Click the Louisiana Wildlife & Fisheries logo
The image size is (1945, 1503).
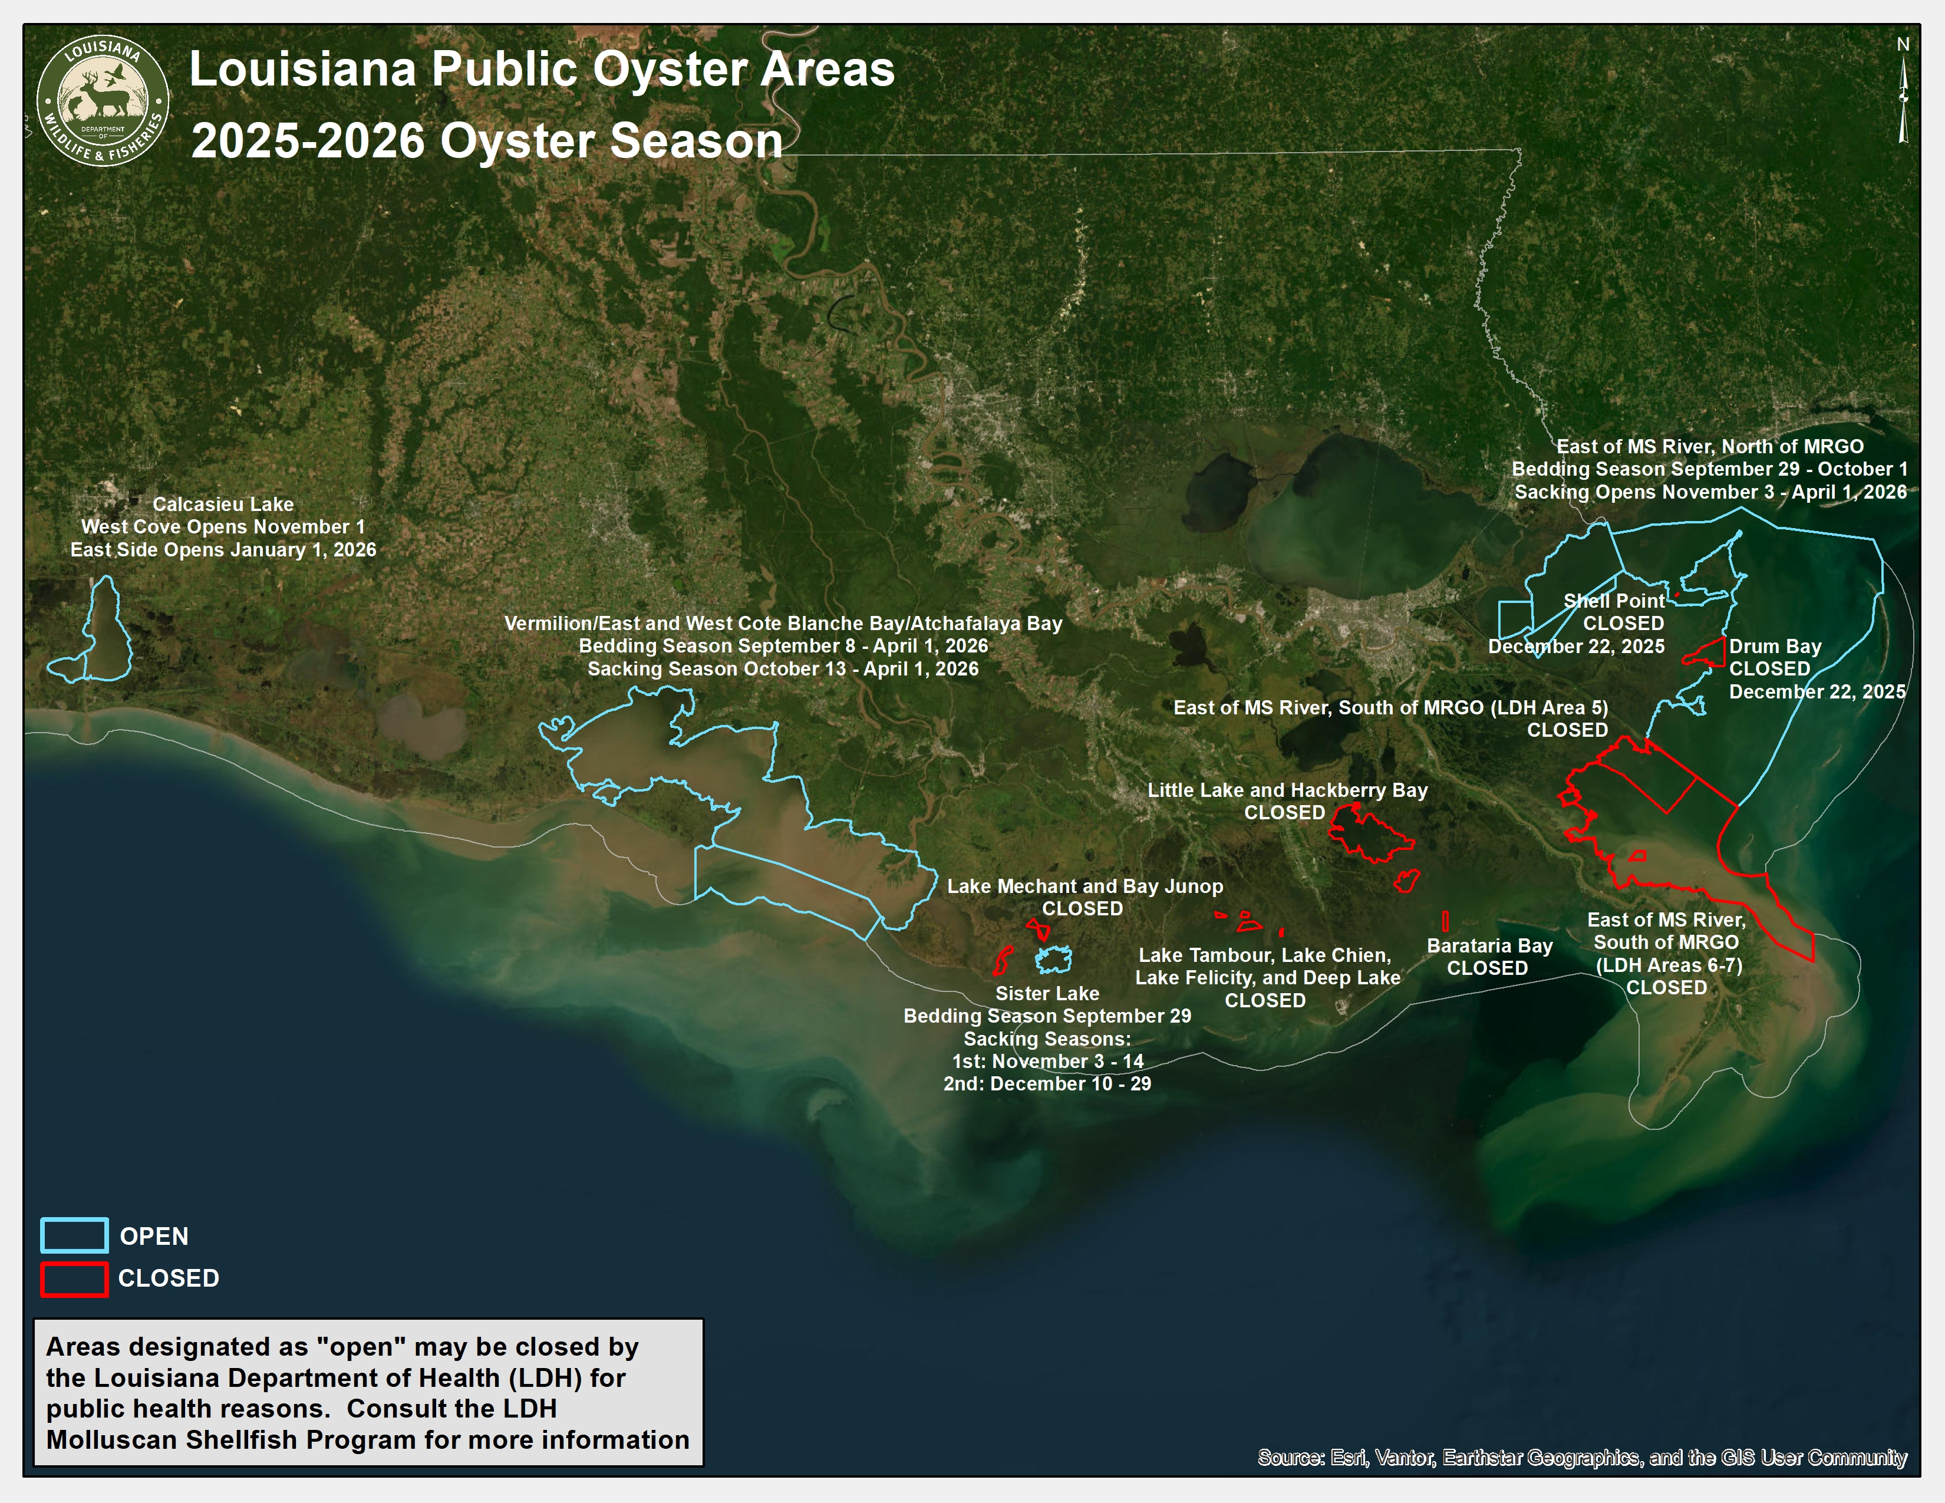(x=103, y=101)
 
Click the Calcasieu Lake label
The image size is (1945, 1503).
(x=223, y=504)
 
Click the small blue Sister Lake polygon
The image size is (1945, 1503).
(x=1054, y=959)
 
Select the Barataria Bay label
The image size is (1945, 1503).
(x=1489, y=945)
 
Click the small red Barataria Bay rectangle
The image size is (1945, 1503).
(x=1445, y=921)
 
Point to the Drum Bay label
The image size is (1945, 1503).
(x=1774, y=647)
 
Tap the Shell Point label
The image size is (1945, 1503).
(x=1614, y=601)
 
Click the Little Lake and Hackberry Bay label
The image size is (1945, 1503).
(x=1287, y=790)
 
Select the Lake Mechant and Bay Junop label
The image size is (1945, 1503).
(x=1084, y=886)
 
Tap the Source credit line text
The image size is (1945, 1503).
(x=1582, y=1458)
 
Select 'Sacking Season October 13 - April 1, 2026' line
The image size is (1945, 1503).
(x=782, y=669)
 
